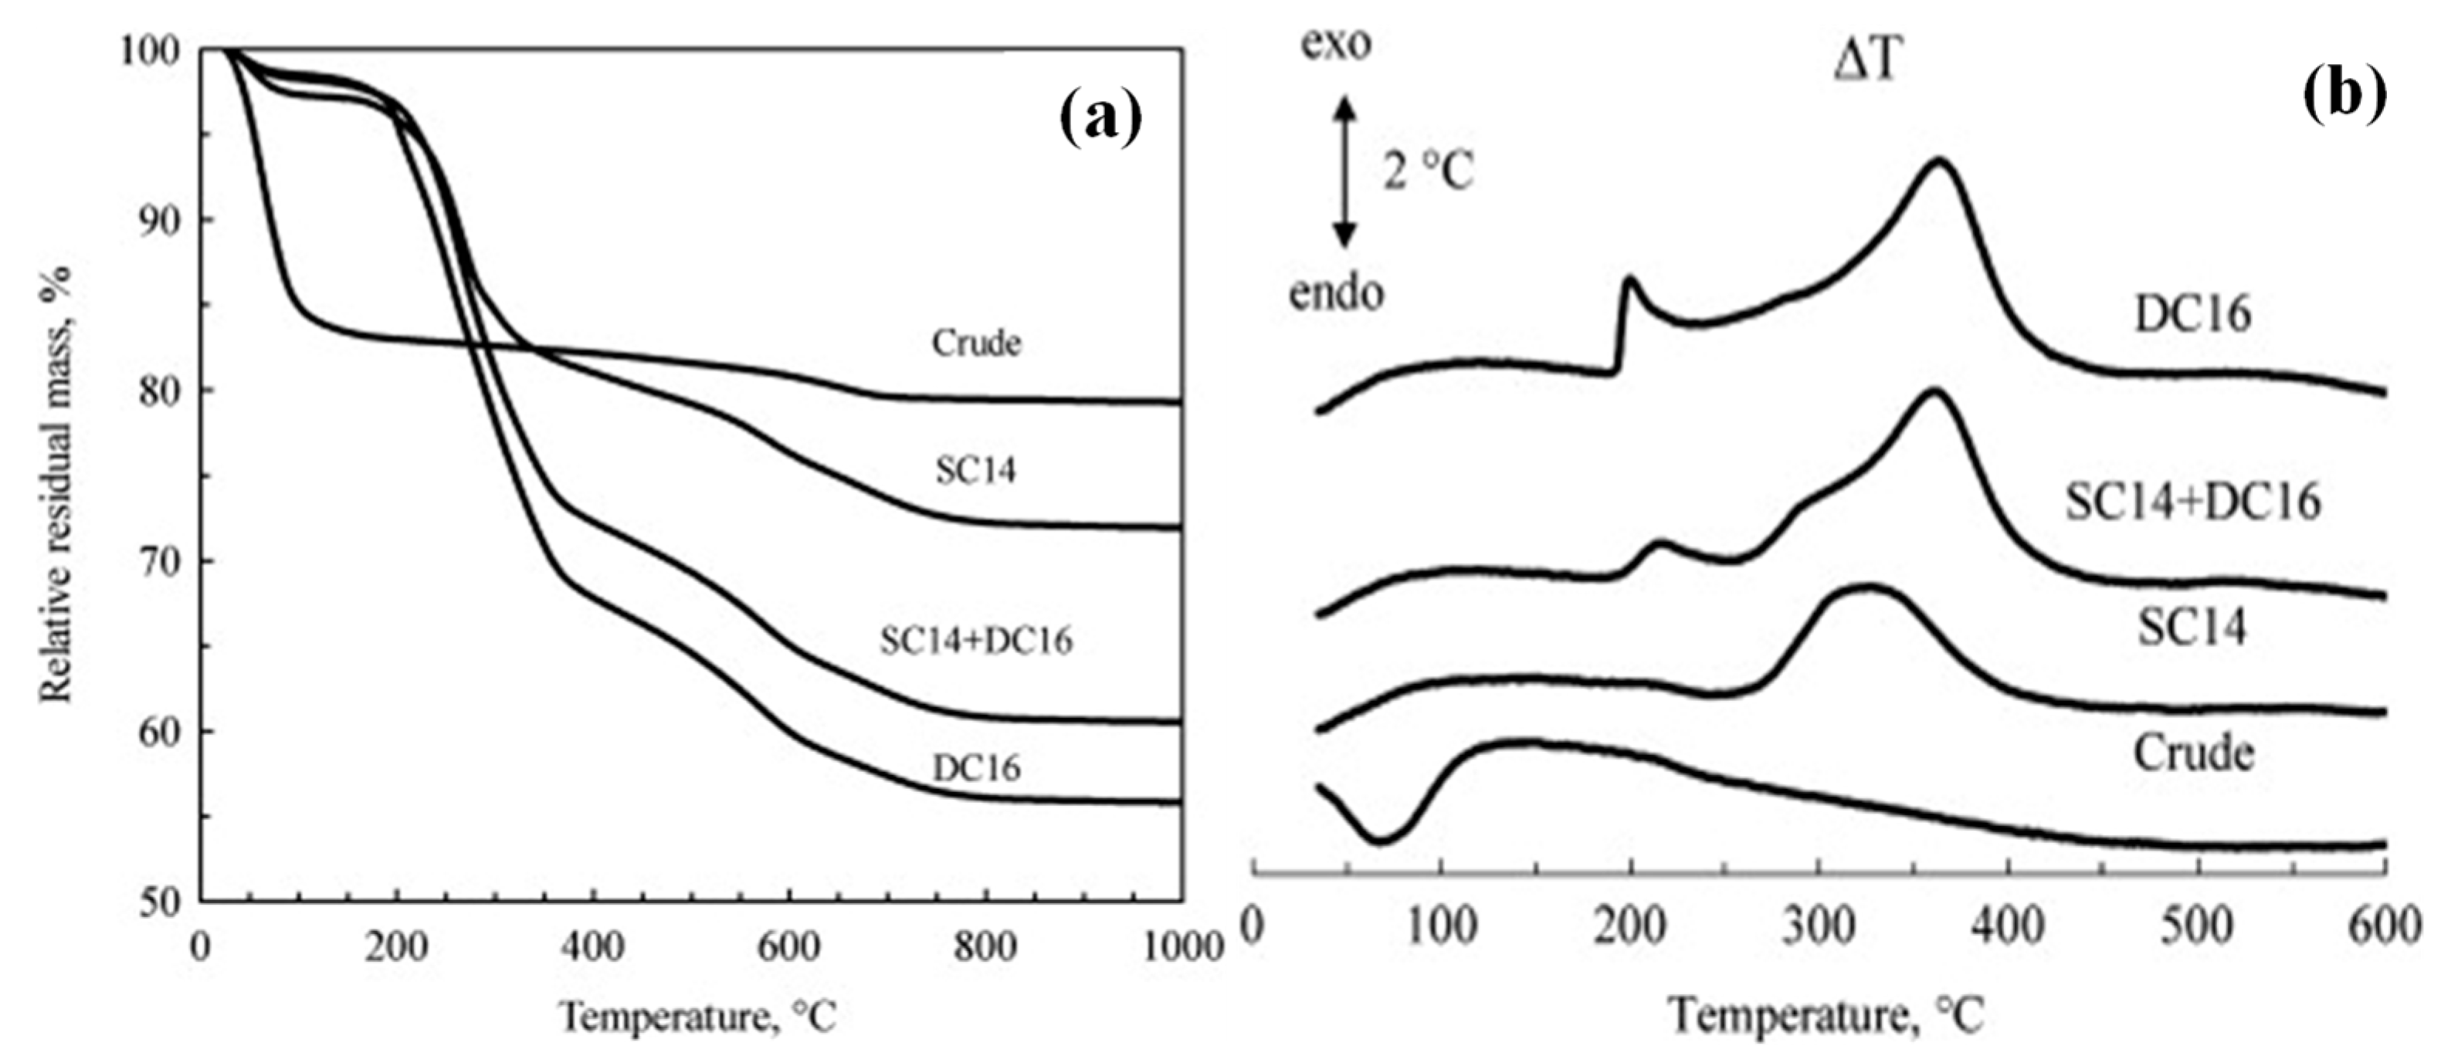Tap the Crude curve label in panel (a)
coord(976,343)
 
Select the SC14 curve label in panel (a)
coord(975,470)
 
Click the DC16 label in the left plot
coord(976,767)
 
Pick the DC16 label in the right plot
coord(2192,313)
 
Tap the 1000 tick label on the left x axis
coord(1180,947)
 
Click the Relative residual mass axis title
coord(57,483)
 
